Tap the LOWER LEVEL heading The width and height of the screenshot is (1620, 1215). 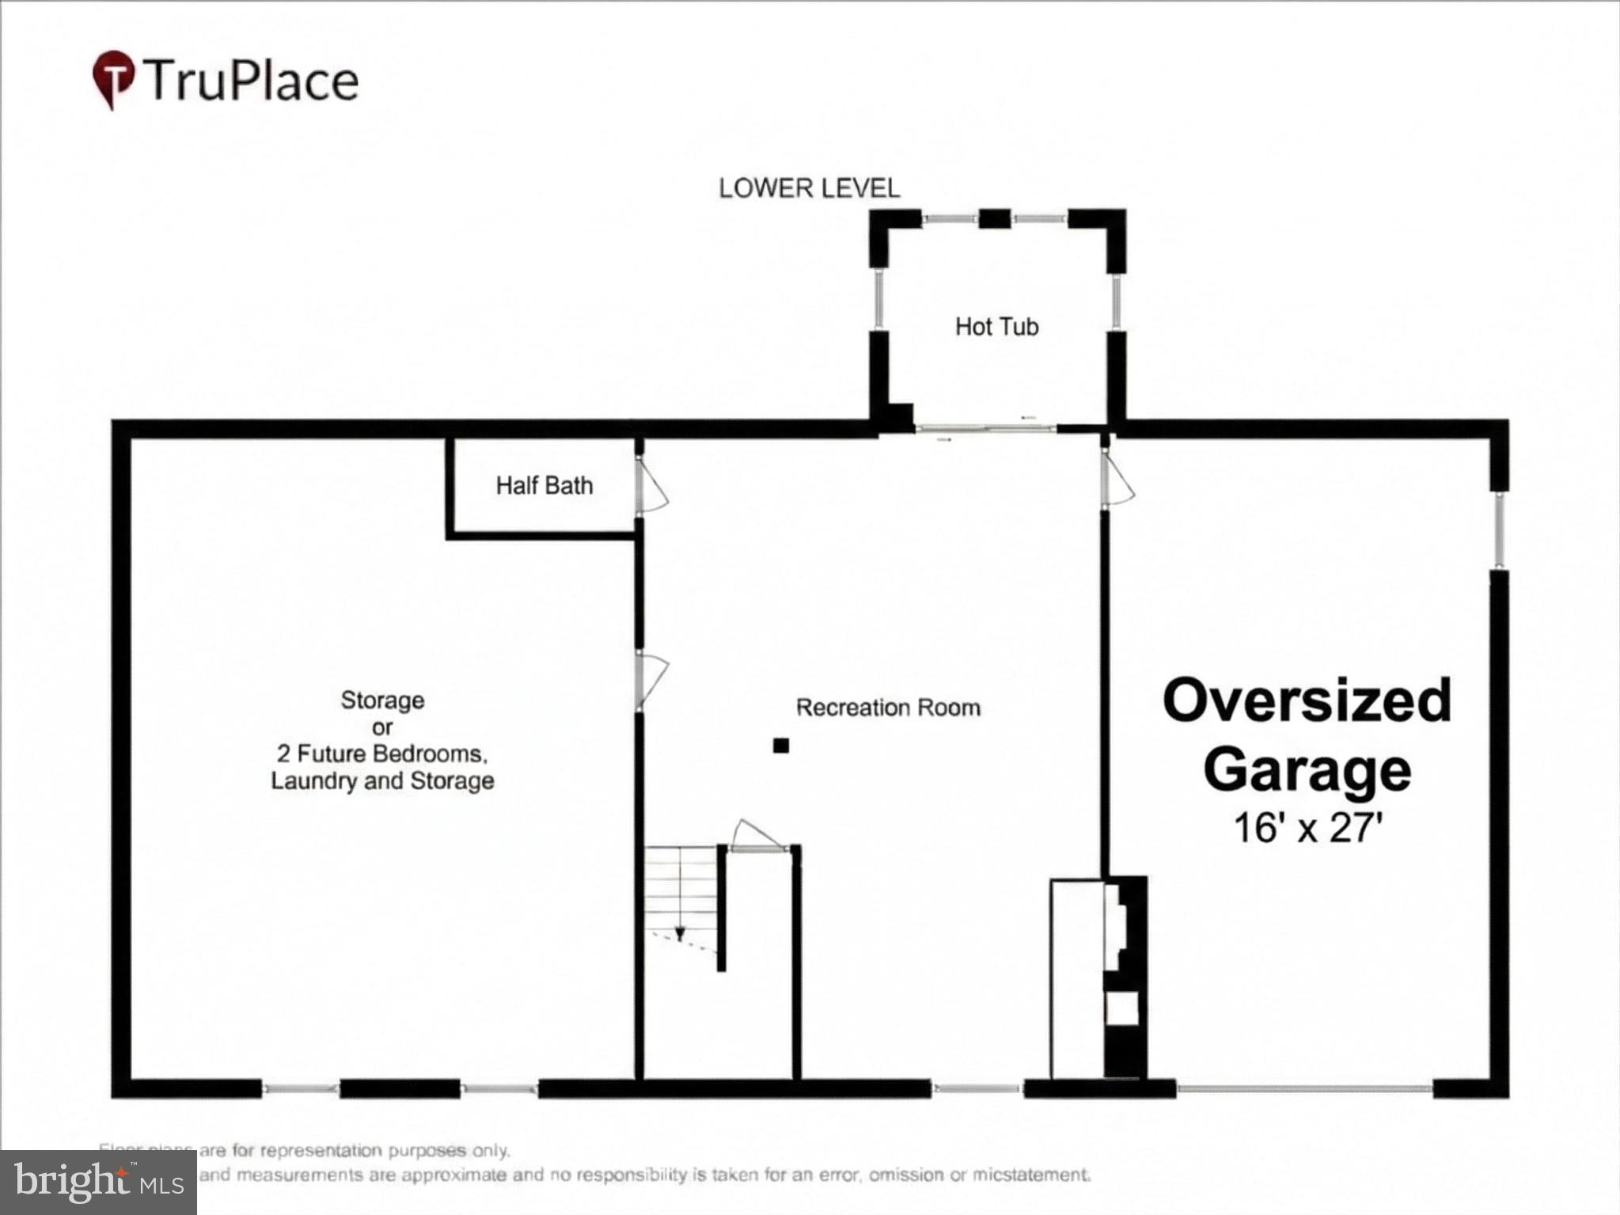[809, 188]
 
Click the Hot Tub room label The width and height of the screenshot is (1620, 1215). [996, 326]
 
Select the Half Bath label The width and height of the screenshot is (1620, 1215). [544, 485]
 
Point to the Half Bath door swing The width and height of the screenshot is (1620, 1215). [653, 488]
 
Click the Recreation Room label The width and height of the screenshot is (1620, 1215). [888, 708]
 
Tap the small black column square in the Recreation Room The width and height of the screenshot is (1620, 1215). [781, 745]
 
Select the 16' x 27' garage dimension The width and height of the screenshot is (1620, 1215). [1307, 828]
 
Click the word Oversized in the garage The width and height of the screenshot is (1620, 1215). [1307, 701]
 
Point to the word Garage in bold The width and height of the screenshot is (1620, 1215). [1307, 769]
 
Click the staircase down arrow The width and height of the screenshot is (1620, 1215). [679, 933]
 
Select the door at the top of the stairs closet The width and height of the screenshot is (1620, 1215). [758, 839]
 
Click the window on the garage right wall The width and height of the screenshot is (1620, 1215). [1498, 530]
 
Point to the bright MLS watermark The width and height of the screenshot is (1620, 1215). [98, 1183]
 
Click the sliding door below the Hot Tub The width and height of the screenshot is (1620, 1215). [985, 429]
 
